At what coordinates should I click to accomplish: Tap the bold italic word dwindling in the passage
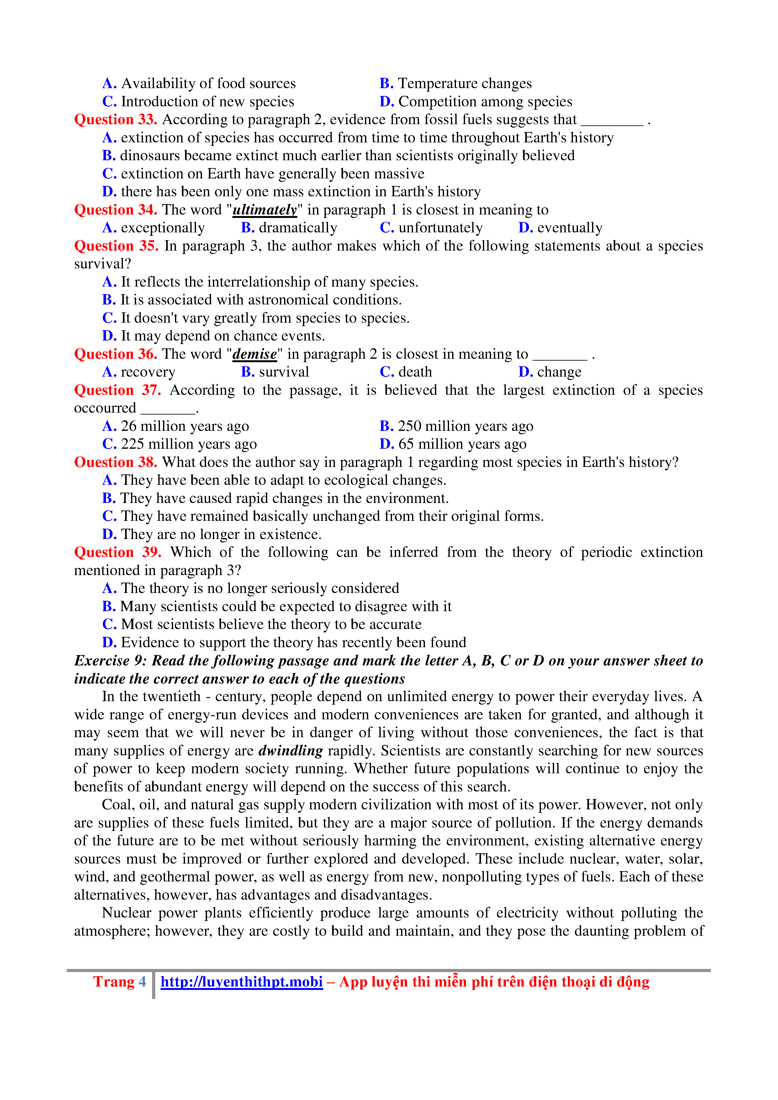click(x=290, y=750)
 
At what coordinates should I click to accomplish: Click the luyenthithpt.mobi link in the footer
click(x=241, y=982)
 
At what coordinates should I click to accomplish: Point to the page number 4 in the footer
click(x=142, y=982)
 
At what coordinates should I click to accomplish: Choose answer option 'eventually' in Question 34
click(x=569, y=228)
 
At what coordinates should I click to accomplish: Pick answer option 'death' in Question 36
click(x=415, y=372)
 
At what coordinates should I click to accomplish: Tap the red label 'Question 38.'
click(x=115, y=462)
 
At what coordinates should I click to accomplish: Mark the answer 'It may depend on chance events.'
click(x=223, y=336)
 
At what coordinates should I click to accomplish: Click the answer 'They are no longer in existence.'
click(x=221, y=534)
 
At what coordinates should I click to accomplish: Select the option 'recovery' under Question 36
click(x=148, y=372)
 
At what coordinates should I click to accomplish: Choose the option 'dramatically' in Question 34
click(x=298, y=228)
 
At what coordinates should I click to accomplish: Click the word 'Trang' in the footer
click(x=114, y=982)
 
